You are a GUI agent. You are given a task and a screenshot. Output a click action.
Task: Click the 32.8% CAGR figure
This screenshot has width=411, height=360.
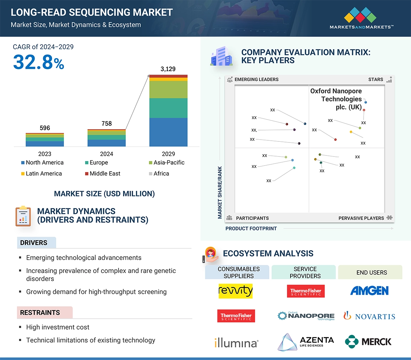(39, 62)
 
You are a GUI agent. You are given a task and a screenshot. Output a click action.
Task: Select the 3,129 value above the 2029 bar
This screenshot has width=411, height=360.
(168, 69)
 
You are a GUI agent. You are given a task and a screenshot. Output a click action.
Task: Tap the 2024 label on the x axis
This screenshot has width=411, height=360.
(106, 154)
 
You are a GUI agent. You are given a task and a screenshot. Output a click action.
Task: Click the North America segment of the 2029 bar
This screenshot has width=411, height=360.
(168, 132)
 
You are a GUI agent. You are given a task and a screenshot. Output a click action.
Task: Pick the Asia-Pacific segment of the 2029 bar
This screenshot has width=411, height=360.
(168, 89)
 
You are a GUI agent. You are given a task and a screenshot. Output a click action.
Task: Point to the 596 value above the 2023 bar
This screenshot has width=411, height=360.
(45, 128)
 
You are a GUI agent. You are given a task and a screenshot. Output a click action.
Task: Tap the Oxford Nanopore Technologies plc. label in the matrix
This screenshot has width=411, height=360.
(336, 99)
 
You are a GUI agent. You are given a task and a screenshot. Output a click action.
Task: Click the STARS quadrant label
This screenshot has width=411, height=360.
(376, 79)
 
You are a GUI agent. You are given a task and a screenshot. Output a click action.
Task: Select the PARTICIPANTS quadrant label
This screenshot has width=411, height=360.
(252, 218)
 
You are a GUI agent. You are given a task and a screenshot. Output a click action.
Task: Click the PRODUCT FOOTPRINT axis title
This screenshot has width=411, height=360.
(251, 228)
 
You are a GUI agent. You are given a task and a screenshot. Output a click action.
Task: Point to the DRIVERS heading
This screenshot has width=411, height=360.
(34, 243)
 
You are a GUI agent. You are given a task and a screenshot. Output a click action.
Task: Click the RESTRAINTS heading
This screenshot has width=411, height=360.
(40, 313)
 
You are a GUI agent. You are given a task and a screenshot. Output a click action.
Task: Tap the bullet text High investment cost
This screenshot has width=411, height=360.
(58, 327)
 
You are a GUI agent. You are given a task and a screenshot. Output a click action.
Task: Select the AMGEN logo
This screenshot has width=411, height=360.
(369, 291)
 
